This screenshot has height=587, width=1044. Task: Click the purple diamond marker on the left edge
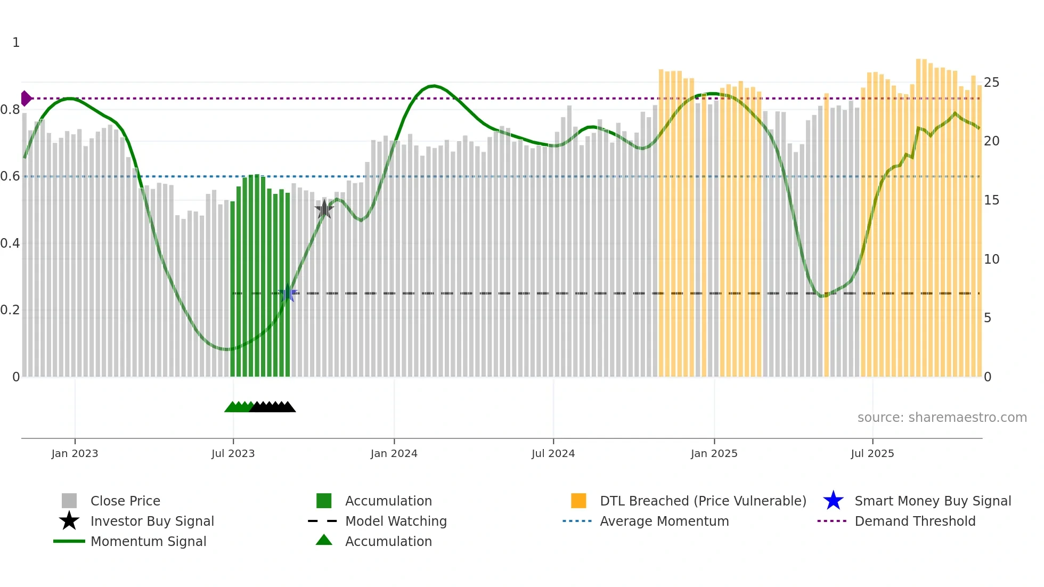[26, 99]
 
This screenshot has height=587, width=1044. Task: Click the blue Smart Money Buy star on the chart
[288, 293]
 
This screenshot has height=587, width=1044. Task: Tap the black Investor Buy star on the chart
[324, 209]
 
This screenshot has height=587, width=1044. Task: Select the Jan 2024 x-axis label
[394, 453]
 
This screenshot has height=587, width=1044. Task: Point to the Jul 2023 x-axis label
[233, 453]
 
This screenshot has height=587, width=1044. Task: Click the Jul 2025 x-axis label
[872, 453]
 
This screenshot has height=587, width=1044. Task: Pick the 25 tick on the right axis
[991, 83]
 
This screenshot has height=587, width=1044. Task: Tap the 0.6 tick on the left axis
[11, 176]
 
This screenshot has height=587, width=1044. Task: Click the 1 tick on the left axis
[16, 43]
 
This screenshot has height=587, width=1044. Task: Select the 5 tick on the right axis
[988, 318]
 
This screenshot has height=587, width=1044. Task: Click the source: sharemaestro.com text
[942, 418]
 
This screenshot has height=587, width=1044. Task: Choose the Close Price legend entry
[125, 501]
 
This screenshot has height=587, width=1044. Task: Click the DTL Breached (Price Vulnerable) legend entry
[703, 501]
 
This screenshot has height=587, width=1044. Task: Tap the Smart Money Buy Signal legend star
[833, 501]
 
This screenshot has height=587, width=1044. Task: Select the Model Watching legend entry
[396, 521]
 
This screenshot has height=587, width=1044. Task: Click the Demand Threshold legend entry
[915, 521]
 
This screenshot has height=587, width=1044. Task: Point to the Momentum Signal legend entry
[148, 542]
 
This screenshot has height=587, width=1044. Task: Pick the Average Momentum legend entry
[664, 521]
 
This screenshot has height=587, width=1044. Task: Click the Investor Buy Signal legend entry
[152, 521]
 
